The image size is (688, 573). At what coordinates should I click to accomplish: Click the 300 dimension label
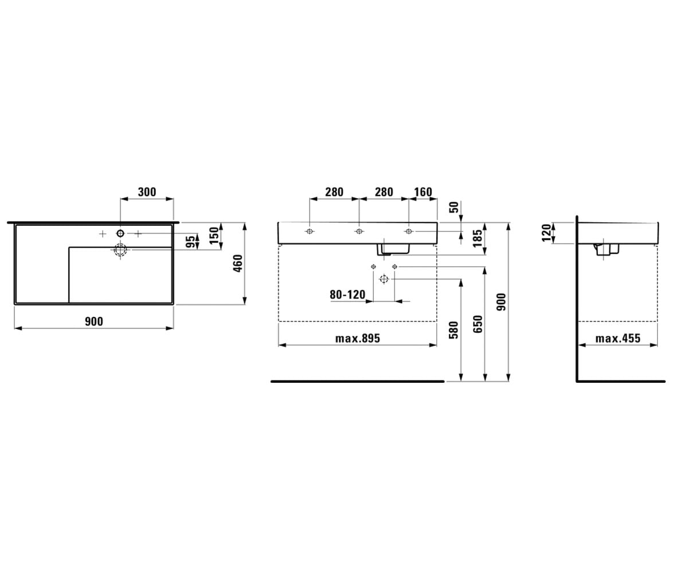coord(147,191)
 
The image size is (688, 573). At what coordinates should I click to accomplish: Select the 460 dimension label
coord(237,263)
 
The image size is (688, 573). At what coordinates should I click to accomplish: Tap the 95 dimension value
coord(190,242)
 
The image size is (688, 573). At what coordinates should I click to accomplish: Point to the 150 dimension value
coord(214,236)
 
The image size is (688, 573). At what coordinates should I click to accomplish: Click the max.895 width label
coord(358,338)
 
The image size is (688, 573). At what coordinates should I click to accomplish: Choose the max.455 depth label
coord(618,338)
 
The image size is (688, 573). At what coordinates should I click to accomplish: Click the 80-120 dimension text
coord(347,295)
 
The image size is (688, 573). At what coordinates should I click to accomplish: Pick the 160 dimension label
coord(423,191)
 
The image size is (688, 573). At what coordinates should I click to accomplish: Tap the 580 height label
coord(454,330)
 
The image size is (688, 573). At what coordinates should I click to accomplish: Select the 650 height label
coord(478,324)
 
